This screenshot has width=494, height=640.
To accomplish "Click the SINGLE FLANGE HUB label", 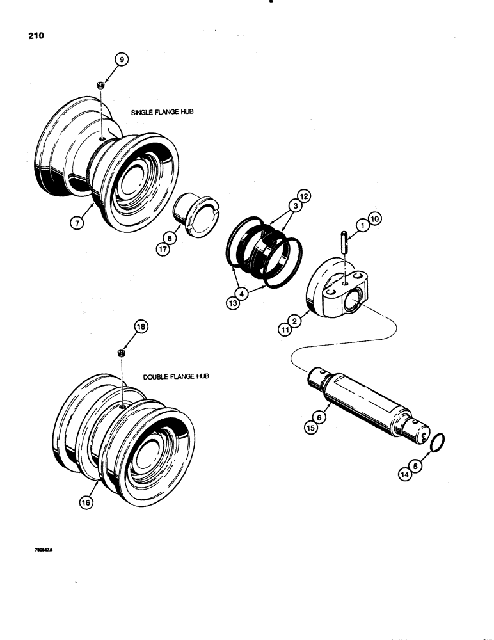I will coord(162,112).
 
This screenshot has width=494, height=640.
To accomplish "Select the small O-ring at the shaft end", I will coord(436,443).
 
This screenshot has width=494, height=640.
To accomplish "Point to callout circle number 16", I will coord(86,502).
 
